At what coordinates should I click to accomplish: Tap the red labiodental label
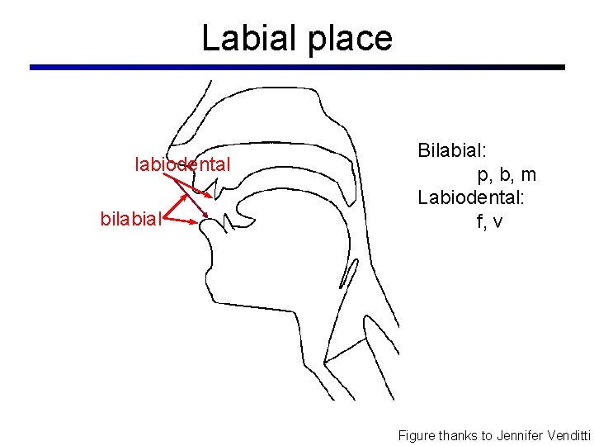(182, 165)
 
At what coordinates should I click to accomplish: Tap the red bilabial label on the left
(130, 219)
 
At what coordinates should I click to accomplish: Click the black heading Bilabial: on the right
(452, 151)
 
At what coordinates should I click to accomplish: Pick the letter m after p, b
(527, 175)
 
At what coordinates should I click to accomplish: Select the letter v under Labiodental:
(499, 222)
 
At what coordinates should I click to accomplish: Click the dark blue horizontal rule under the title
(297, 67)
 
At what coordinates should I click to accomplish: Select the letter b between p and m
(505, 175)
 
